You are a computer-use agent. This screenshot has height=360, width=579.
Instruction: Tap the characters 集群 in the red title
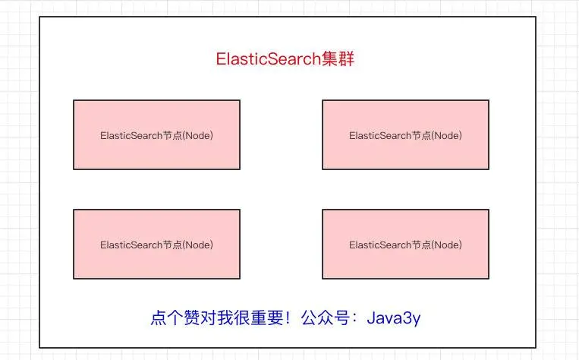(338, 59)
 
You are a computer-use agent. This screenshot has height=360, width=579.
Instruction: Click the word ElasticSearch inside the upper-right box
(380, 136)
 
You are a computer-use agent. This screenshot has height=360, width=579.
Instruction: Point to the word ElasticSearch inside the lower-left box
(131, 245)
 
